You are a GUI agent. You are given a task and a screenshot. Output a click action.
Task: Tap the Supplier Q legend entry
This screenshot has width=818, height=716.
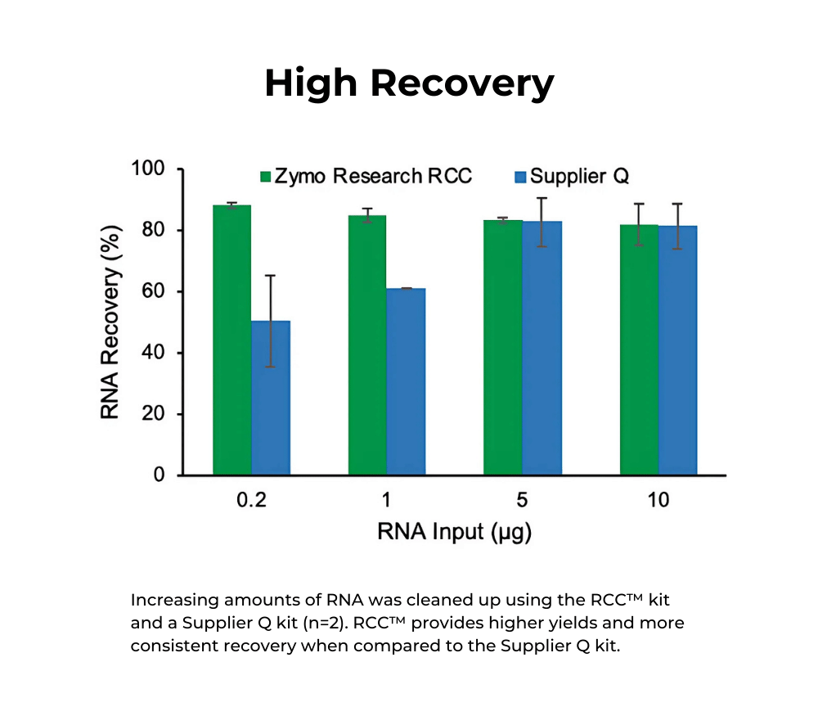[573, 176]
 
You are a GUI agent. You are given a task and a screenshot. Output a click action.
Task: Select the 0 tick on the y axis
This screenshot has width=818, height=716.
[160, 475]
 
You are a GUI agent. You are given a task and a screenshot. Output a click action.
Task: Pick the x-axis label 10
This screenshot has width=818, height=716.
[658, 501]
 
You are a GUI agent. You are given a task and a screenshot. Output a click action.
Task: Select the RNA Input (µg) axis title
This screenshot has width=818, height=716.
[455, 533]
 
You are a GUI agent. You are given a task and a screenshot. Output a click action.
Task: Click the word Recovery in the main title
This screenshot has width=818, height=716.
[465, 83]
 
